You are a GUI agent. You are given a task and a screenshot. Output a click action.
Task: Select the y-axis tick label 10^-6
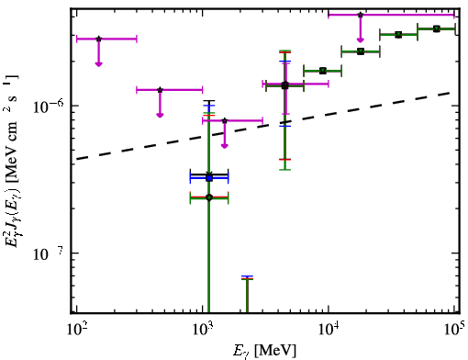click(x=47, y=107)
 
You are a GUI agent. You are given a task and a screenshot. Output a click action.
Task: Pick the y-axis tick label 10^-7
click(x=47, y=254)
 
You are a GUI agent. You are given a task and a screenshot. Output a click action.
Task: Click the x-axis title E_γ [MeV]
click(x=264, y=351)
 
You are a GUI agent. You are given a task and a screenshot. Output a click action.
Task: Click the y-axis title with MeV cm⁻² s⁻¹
click(x=12, y=162)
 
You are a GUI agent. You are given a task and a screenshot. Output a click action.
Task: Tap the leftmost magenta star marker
click(x=98, y=39)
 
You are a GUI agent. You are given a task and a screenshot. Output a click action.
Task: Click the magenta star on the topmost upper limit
click(x=361, y=15)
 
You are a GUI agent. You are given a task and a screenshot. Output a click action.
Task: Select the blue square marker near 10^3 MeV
click(x=209, y=178)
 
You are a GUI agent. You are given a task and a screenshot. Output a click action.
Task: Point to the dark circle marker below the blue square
click(x=209, y=197)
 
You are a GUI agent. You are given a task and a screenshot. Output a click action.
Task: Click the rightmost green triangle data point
click(x=437, y=28)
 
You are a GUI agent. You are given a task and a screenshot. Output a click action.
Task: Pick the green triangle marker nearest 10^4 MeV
click(x=323, y=71)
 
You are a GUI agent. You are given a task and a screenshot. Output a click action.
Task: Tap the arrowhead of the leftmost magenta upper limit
click(x=98, y=63)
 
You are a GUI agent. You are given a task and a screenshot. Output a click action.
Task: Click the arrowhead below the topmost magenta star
click(x=361, y=39)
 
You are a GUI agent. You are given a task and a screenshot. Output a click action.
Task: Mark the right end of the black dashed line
click(x=450, y=92)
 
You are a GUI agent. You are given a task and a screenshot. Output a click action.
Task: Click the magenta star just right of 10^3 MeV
click(x=225, y=120)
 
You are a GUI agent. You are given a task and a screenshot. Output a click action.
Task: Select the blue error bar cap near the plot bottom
click(x=247, y=276)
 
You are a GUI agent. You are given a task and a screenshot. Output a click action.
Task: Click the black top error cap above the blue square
click(x=209, y=101)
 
